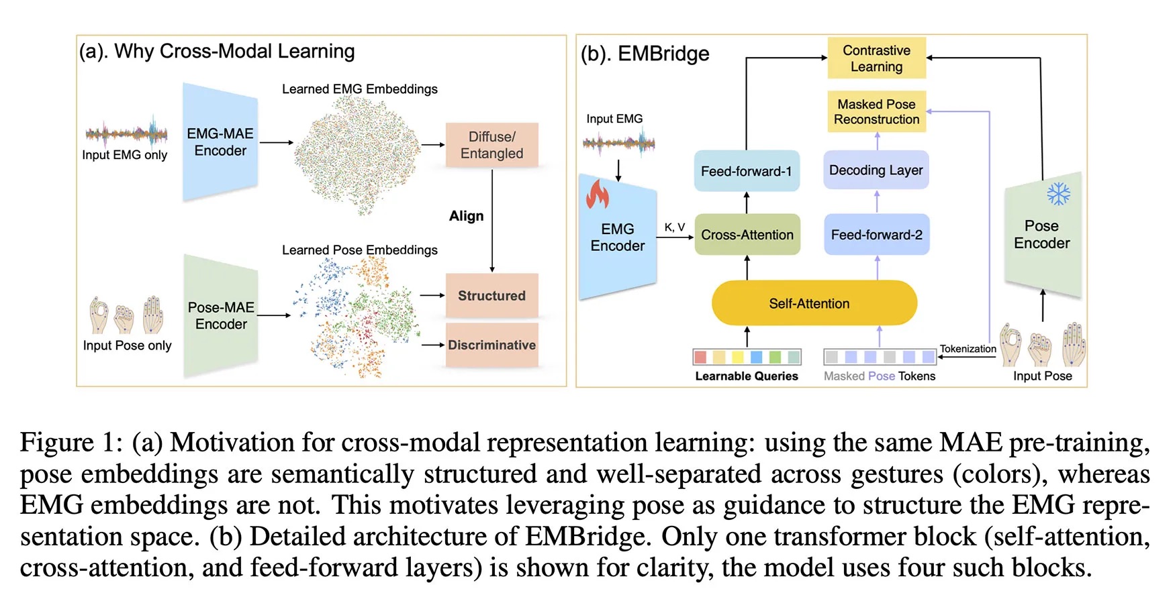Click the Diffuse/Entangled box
[491, 145]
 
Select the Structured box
[491, 296]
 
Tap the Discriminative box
[491, 345]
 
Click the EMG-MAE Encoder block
[220, 142]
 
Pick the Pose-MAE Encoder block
[221, 315]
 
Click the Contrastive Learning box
[876, 58]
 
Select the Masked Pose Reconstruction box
[876, 111]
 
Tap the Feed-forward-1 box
[746, 171]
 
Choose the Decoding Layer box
[876, 170]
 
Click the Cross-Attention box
[747, 235]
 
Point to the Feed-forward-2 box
[876, 235]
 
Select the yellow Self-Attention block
[814, 303]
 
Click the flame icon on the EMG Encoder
[597, 194]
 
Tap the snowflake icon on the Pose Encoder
[1058, 195]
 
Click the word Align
[466, 216]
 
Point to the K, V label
[674, 227]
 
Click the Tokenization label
[968, 349]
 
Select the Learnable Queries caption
[747, 376]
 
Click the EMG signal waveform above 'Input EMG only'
[126, 133]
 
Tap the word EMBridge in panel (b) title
[663, 54]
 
